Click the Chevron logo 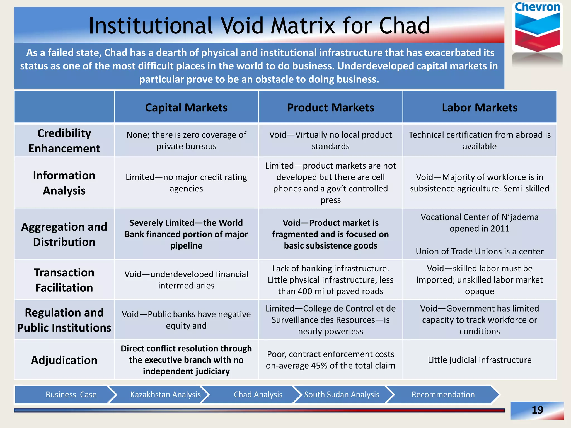click(537, 28)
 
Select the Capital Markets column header click(186, 108)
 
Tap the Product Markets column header click(330, 108)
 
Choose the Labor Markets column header click(480, 108)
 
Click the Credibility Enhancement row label click(64, 141)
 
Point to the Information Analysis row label click(64, 183)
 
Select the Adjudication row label click(64, 360)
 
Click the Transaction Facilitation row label click(64, 280)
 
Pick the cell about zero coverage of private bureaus click(186, 140)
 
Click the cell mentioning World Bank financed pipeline click(186, 234)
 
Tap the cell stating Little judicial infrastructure click(480, 360)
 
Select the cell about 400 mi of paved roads click(330, 280)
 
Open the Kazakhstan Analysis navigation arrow click(165, 395)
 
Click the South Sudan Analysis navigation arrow click(342, 395)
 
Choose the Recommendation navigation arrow click(443, 395)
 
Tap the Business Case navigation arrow click(71, 395)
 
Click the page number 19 click(537, 410)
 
